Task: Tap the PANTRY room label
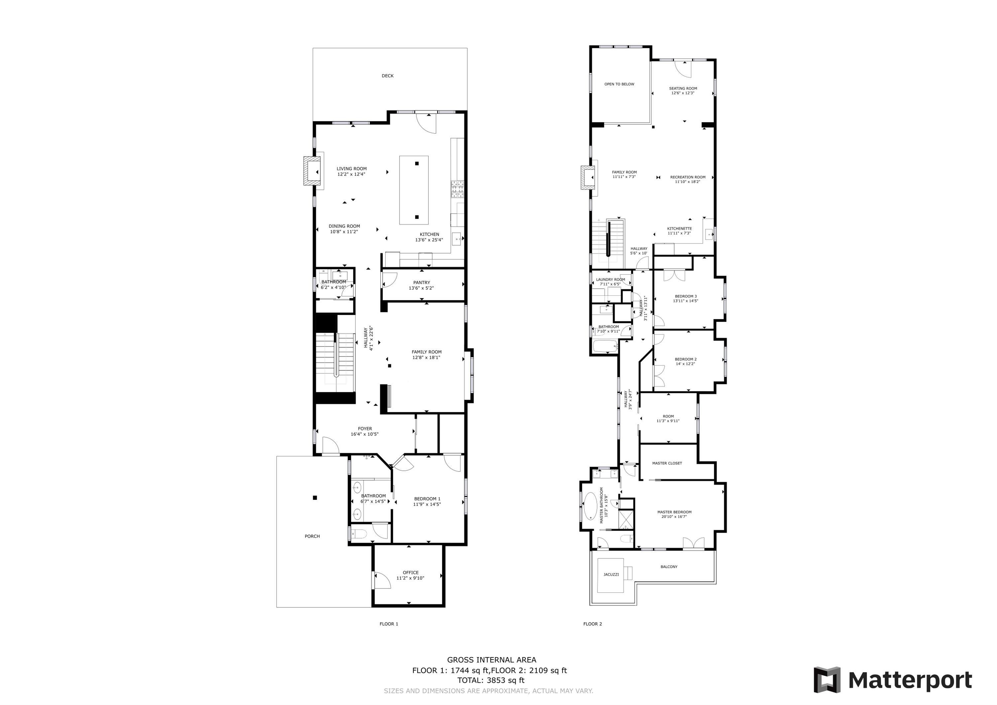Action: (421, 283)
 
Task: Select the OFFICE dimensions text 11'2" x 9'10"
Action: (410, 578)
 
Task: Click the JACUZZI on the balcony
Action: (611, 575)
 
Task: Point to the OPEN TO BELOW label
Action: (619, 84)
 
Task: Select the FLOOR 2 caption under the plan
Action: (592, 624)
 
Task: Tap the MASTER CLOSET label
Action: (667, 463)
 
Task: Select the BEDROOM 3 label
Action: (686, 296)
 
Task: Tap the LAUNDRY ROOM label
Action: (610, 279)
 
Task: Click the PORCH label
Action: (312, 537)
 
